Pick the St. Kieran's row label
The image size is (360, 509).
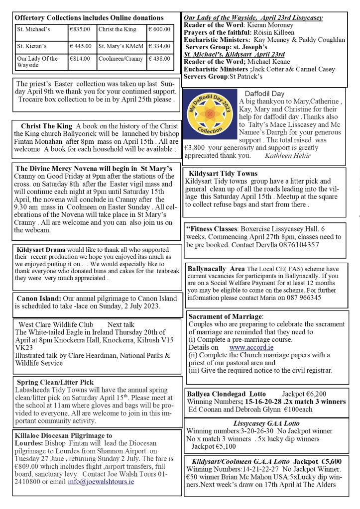point(32,46)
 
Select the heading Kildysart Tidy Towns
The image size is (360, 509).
point(223,174)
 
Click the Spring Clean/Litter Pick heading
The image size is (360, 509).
point(55,382)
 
